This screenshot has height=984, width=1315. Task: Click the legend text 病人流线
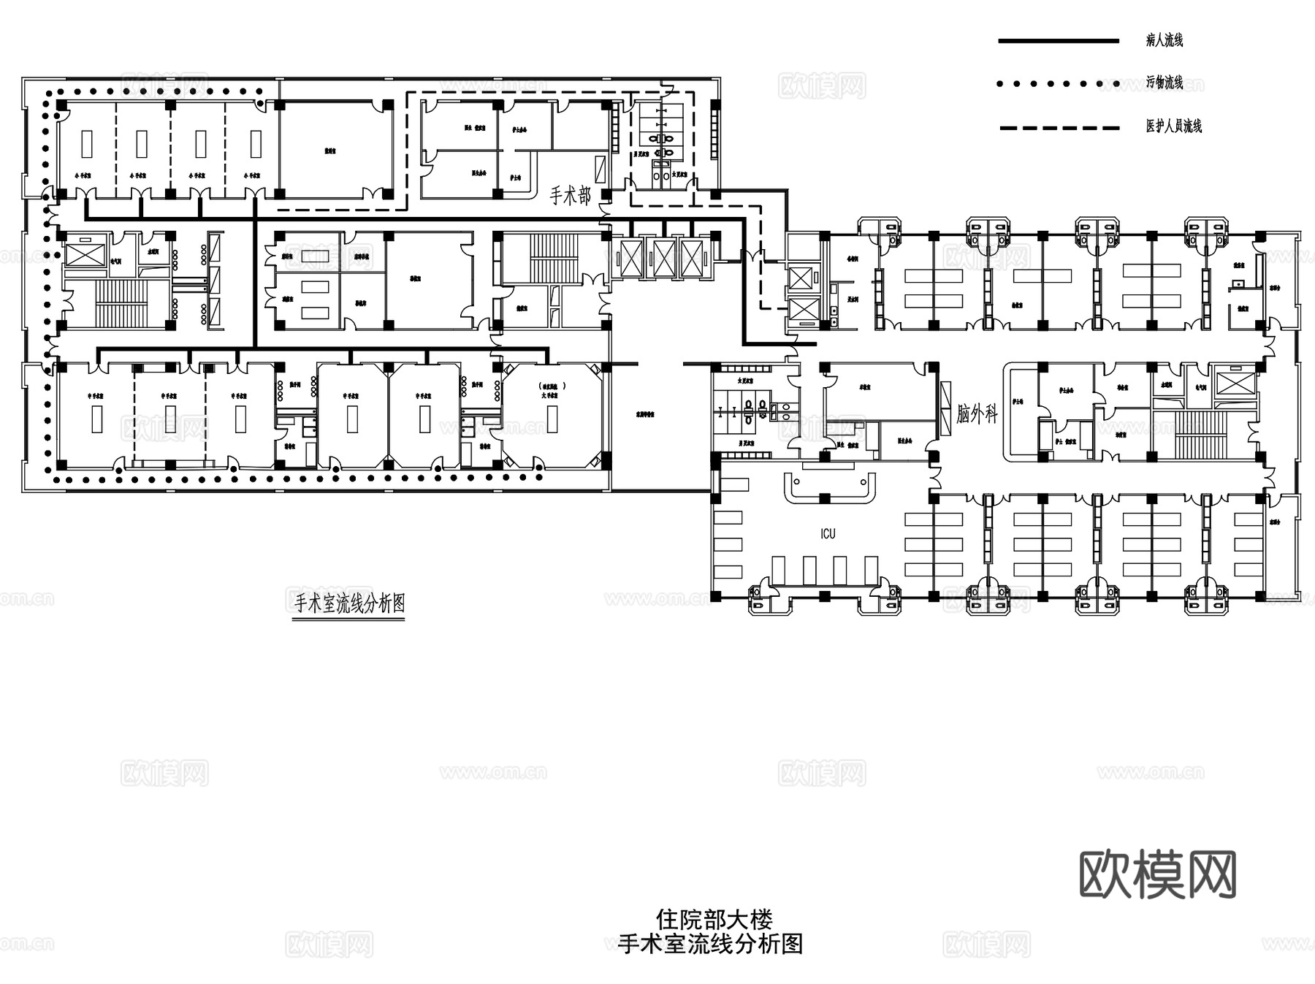click(1164, 40)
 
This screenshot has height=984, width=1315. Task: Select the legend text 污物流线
click(1164, 83)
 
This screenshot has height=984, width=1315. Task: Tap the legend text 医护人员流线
click(1173, 126)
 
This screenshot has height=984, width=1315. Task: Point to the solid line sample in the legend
click(1059, 41)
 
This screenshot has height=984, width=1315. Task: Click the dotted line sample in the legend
click(1059, 84)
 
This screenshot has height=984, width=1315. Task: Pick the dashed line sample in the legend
click(1059, 128)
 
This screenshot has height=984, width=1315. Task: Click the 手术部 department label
click(570, 195)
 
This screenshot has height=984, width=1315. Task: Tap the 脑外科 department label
click(977, 414)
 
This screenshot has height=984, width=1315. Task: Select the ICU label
click(828, 534)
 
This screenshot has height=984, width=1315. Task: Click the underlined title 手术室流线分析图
click(349, 603)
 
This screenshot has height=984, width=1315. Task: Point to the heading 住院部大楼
click(714, 919)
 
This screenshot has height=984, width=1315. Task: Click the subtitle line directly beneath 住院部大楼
click(710, 944)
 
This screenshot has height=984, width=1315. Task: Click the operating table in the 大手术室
click(552, 419)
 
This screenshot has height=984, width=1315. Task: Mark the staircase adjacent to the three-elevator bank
click(553, 257)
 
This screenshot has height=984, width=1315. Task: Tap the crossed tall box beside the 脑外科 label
click(948, 409)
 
